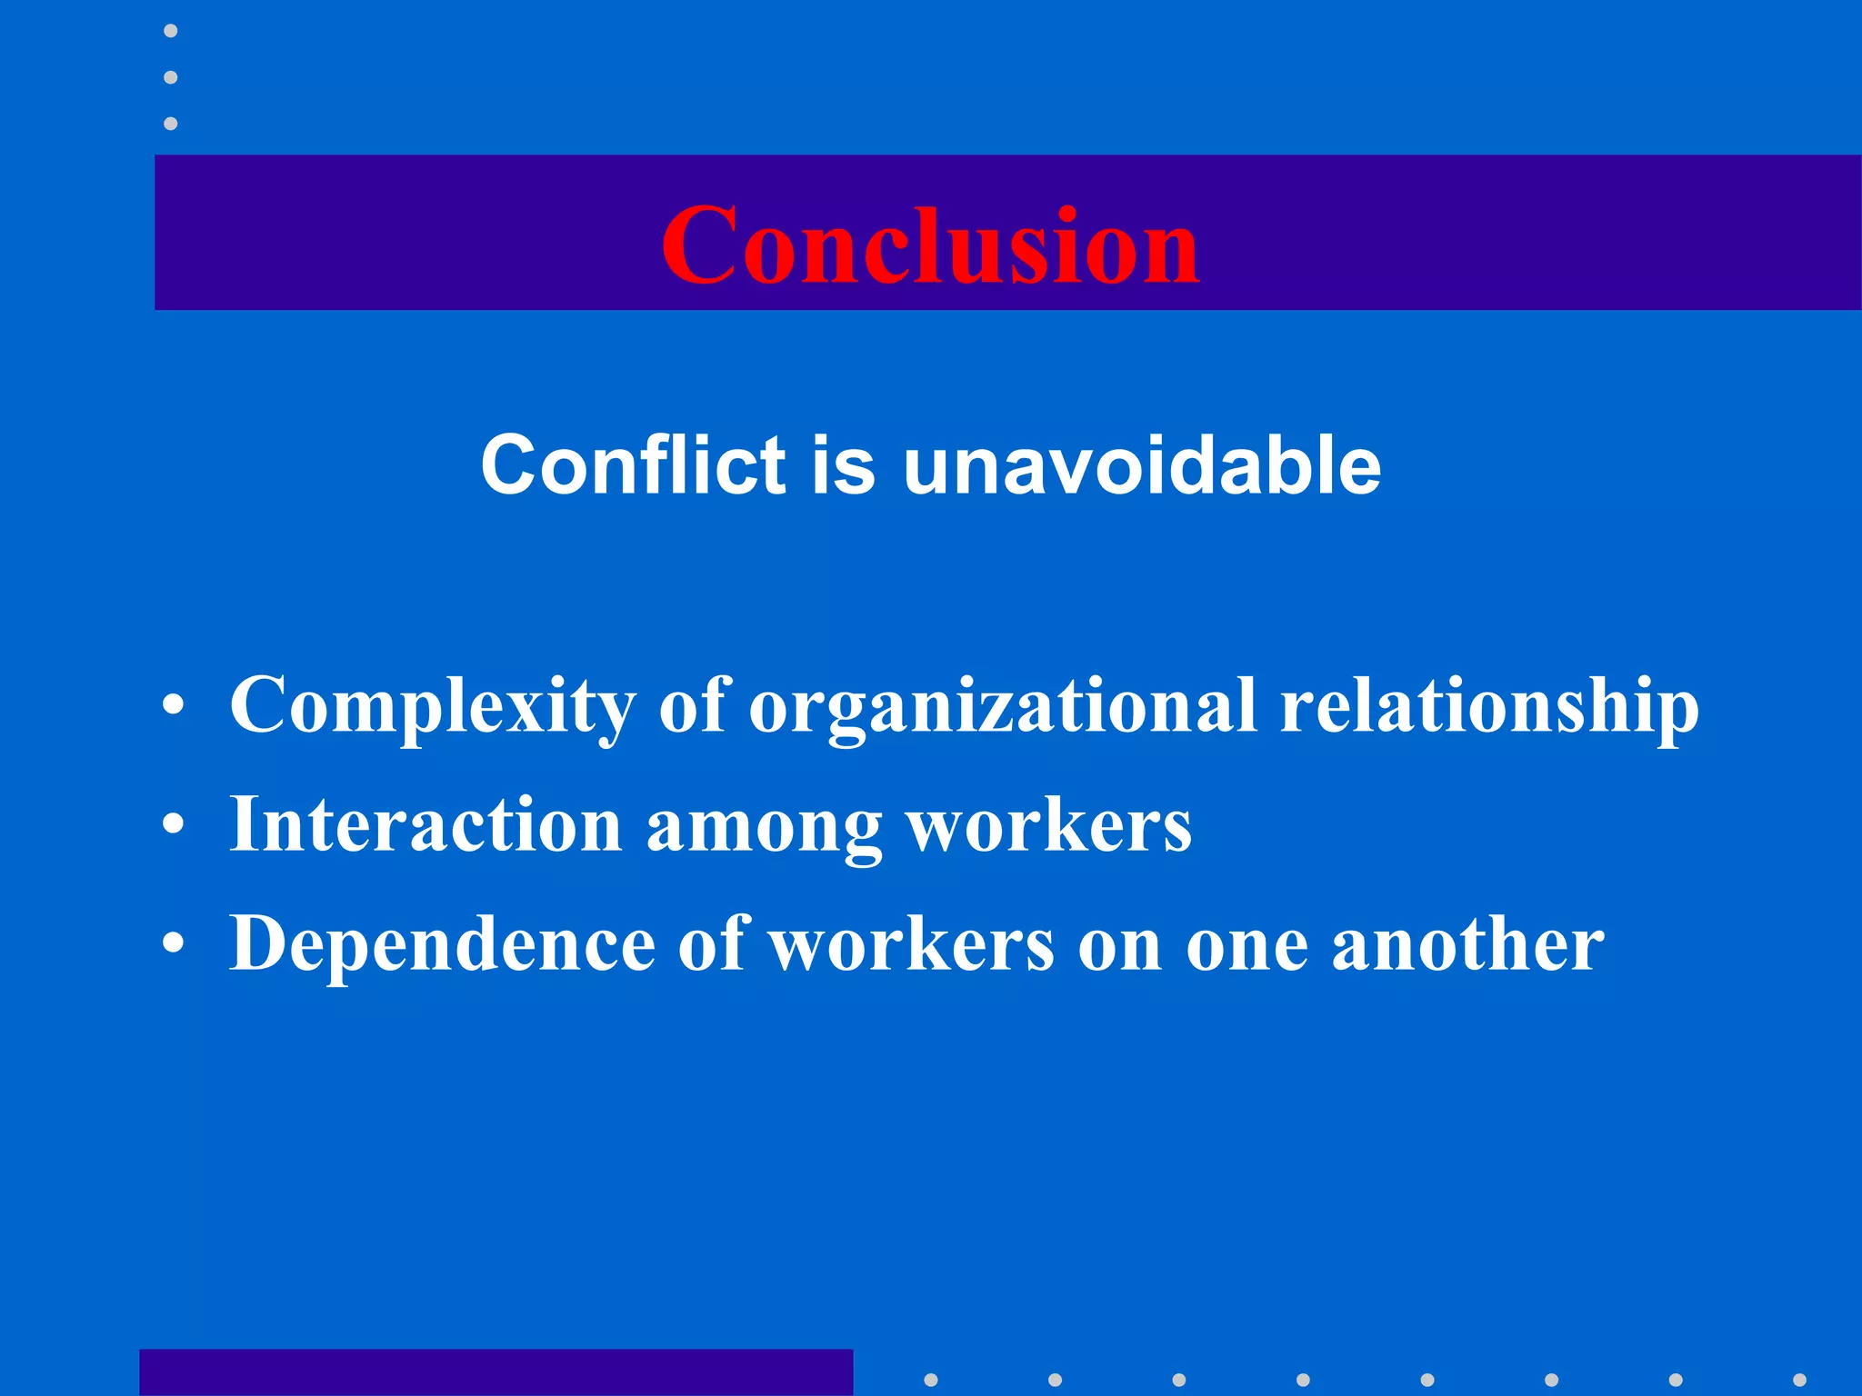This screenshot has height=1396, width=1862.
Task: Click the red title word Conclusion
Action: pyautogui.click(x=929, y=244)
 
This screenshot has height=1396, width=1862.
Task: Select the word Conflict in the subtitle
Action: pyautogui.click(x=633, y=464)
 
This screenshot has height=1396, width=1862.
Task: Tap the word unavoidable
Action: pyautogui.click(x=1142, y=464)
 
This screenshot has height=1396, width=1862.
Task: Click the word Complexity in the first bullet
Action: pyautogui.click(x=433, y=707)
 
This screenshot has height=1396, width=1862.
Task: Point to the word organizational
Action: pyautogui.click(x=1003, y=707)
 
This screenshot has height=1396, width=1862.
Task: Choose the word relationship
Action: pyautogui.click(x=1488, y=707)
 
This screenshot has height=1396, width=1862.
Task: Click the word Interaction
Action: pyautogui.click(x=425, y=824)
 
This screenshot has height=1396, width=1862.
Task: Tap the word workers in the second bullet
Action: pyautogui.click(x=1049, y=825)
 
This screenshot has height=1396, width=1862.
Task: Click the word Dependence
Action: pyautogui.click(x=442, y=943)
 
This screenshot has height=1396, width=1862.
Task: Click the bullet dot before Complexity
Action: pyautogui.click(x=174, y=706)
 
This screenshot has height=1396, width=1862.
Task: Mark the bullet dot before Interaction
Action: pyautogui.click(x=174, y=825)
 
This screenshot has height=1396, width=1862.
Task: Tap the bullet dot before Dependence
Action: pyautogui.click(x=174, y=944)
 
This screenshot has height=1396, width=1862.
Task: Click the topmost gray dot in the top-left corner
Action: pyautogui.click(x=170, y=31)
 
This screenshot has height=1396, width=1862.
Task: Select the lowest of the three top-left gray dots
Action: pyautogui.click(x=170, y=124)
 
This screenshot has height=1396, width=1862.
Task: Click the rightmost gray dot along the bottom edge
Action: pyautogui.click(x=1799, y=1380)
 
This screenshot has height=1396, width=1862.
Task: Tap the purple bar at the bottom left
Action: pyautogui.click(x=496, y=1371)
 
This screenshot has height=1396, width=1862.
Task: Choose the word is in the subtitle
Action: pyautogui.click(x=843, y=464)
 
